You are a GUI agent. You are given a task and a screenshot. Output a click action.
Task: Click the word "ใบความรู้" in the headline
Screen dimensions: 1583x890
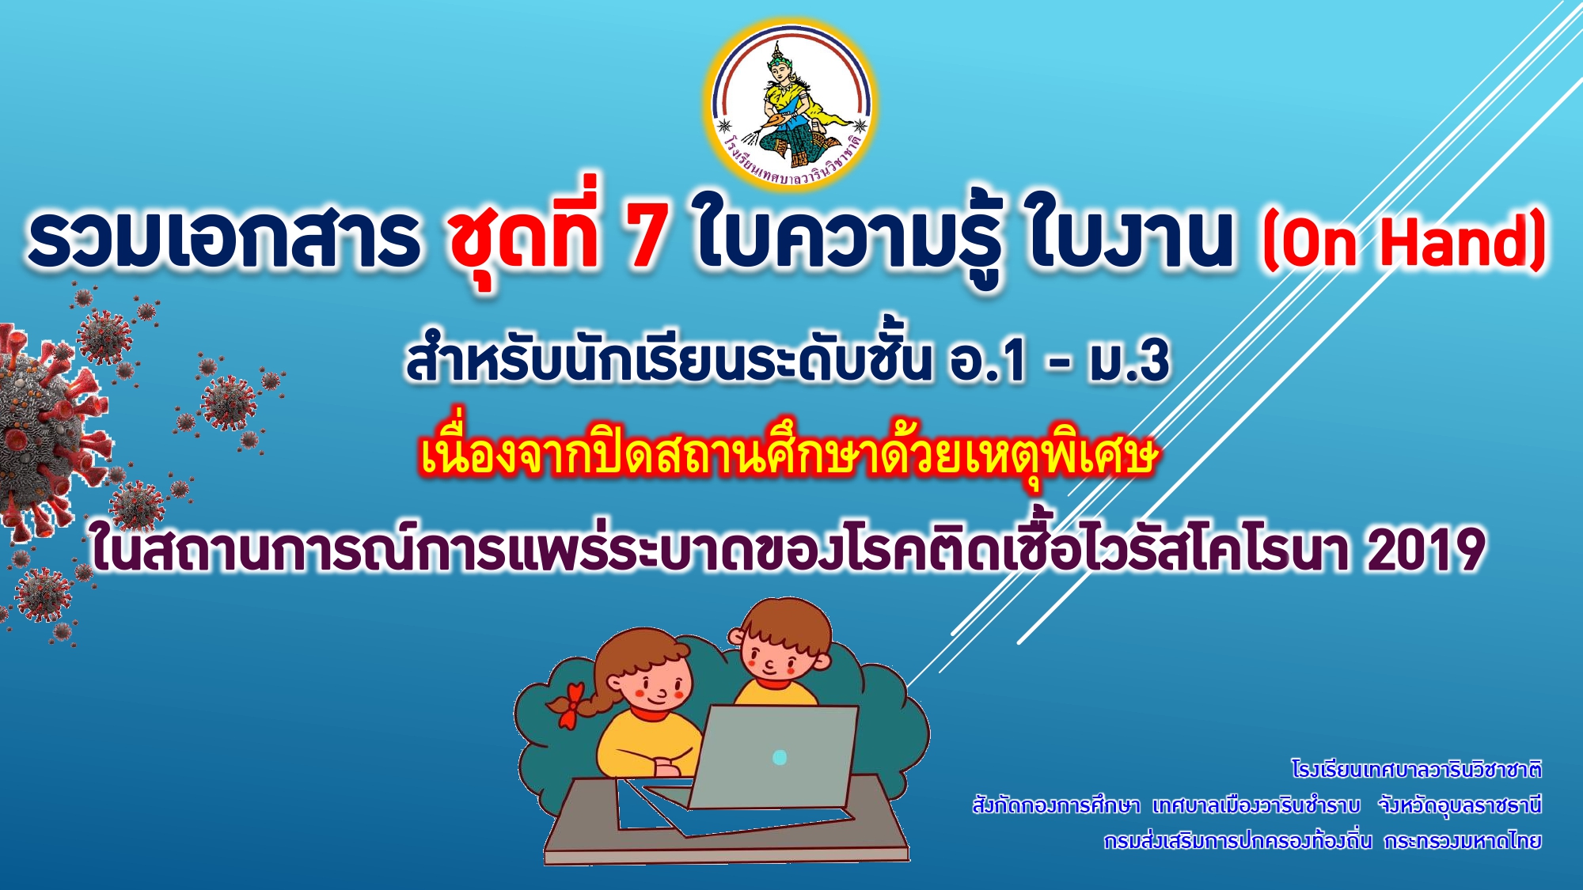click(x=847, y=235)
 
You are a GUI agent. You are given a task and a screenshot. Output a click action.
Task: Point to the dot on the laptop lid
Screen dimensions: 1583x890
click(x=780, y=757)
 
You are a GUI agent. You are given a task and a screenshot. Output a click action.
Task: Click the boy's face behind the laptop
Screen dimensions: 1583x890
click(x=776, y=650)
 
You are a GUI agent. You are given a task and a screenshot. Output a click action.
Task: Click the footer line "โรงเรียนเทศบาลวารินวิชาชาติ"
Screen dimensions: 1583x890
click(x=1416, y=769)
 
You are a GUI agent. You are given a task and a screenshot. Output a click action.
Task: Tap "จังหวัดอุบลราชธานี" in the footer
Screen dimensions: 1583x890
click(x=1460, y=805)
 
